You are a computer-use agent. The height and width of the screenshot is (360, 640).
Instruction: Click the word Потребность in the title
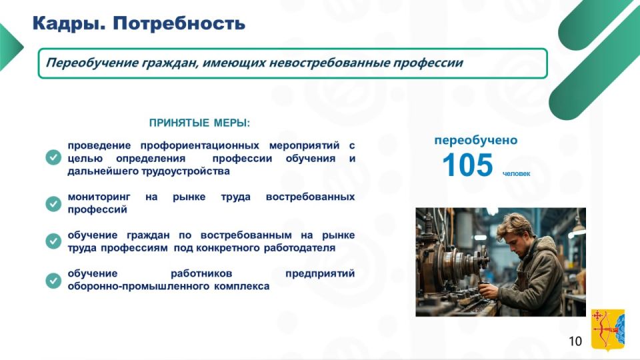click(179, 23)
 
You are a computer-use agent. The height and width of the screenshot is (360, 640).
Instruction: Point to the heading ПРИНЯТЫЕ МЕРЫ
click(199, 123)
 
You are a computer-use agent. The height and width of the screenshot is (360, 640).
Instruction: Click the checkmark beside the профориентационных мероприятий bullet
click(53, 157)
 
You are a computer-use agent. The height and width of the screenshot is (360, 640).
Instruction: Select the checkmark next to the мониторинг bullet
click(53, 203)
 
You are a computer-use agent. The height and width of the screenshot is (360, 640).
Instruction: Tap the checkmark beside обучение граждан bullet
click(53, 241)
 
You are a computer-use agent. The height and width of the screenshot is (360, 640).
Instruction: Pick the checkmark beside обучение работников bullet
click(53, 281)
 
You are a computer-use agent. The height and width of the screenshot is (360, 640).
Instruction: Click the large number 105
click(468, 165)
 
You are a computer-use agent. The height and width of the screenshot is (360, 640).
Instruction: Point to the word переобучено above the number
click(476, 140)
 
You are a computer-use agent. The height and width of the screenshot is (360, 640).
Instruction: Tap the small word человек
click(516, 173)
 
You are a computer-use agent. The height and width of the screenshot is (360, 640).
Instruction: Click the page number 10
click(575, 341)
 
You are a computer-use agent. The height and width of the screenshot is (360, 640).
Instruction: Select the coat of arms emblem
click(608, 329)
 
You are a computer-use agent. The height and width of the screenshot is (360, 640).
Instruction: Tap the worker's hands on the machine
click(489, 290)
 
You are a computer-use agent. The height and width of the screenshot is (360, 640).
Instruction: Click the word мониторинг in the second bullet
click(99, 197)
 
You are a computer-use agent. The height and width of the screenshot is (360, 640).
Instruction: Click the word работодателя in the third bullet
click(299, 248)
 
